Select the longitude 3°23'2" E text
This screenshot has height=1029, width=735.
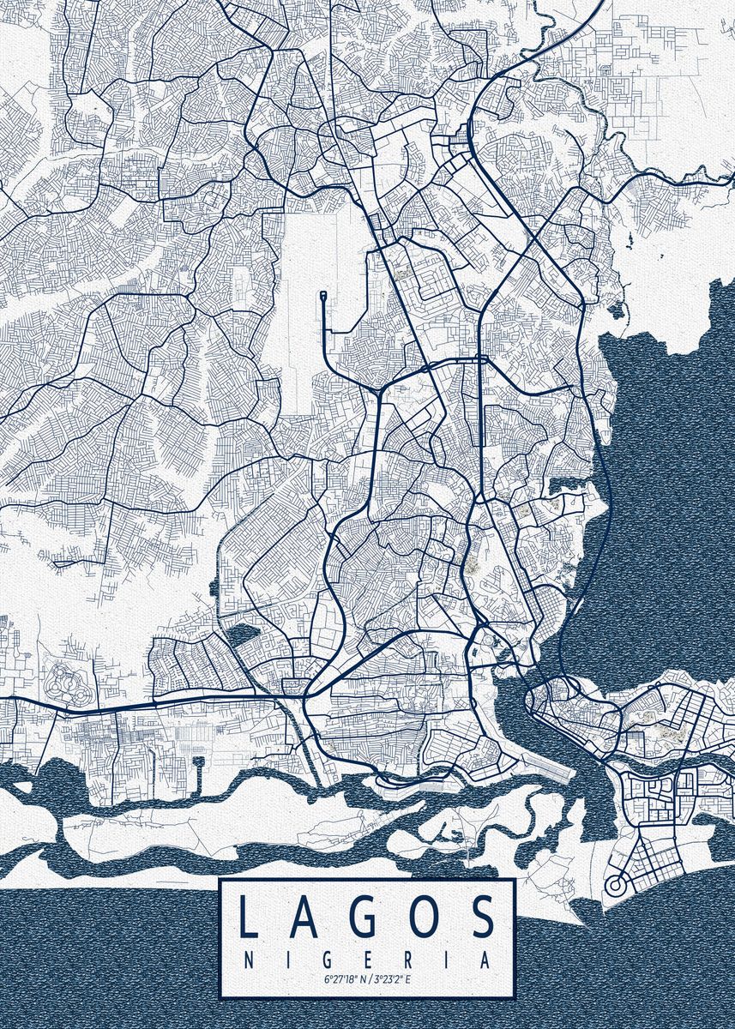pos(391,978)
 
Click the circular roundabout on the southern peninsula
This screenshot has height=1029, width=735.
pos(615,884)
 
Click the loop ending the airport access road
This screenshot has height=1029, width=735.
pos(324,296)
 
